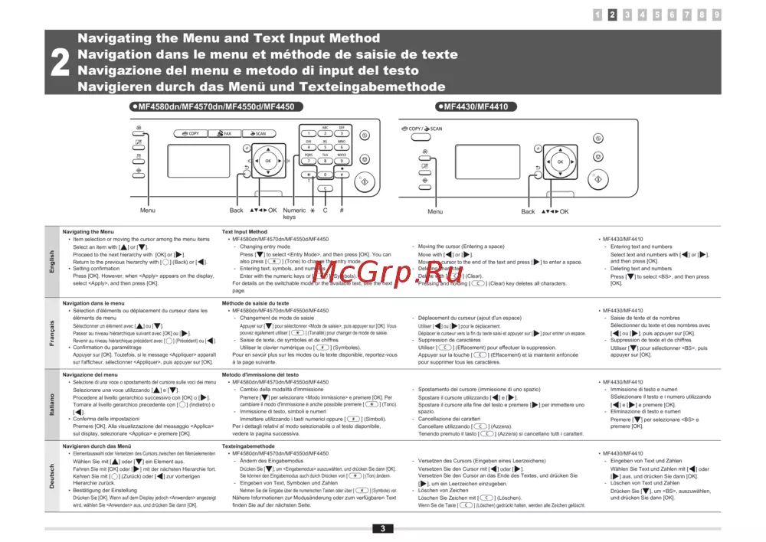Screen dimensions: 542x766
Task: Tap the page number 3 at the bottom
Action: [x=381, y=528]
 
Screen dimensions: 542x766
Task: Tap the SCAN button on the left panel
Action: [x=257, y=133]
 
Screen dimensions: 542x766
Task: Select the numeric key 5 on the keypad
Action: [x=325, y=147]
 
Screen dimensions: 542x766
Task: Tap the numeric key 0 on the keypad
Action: [x=325, y=174]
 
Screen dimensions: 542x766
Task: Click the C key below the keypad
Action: [x=325, y=188]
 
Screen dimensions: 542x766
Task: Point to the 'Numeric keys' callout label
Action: [x=294, y=214]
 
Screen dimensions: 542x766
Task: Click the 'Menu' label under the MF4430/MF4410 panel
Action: [x=435, y=212]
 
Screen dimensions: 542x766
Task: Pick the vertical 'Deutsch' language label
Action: [x=52, y=476]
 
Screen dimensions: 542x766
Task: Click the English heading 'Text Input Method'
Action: [x=244, y=231]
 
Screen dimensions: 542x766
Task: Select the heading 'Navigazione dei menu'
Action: [x=90, y=374]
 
